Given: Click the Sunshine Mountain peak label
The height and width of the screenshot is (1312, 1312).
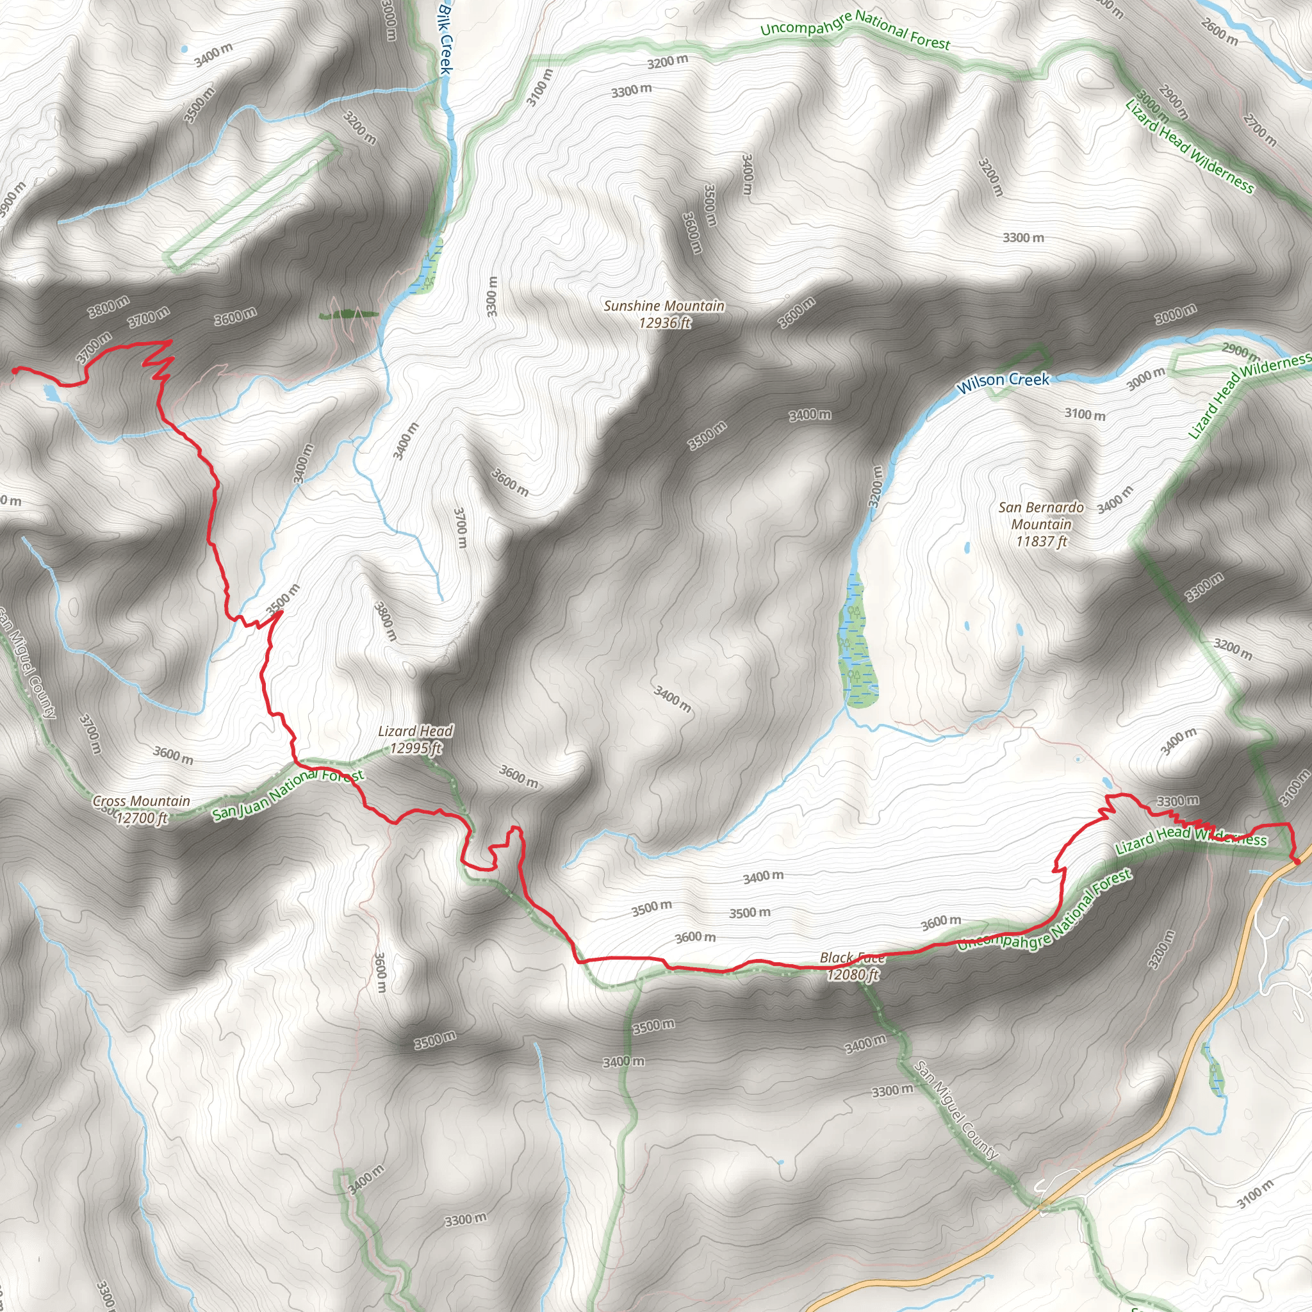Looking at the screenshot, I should tap(664, 315).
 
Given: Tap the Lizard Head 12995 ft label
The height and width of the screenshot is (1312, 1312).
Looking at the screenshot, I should tap(416, 739).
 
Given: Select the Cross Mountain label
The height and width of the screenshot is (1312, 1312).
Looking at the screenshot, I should tap(141, 810).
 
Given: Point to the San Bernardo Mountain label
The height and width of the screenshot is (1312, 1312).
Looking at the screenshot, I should tap(1041, 524).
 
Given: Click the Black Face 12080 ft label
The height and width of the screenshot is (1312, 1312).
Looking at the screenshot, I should tap(852, 965).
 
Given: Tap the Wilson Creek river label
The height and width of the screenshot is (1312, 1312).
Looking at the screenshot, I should tap(1003, 382).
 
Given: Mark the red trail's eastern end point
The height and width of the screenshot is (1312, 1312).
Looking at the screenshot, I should tap(1297, 861).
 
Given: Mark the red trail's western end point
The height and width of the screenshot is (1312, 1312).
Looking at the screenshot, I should tap(14, 370).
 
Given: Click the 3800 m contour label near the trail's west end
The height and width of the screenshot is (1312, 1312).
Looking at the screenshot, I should tap(109, 307).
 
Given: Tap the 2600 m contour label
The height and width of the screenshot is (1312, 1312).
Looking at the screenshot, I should tap(1219, 32).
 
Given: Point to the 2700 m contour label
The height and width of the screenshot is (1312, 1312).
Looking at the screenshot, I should tap(1259, 131).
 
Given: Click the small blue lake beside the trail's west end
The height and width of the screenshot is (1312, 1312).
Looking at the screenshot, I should tap(50, 392).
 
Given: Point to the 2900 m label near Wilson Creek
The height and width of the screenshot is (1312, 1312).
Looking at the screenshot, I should tap(1240, 351).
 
